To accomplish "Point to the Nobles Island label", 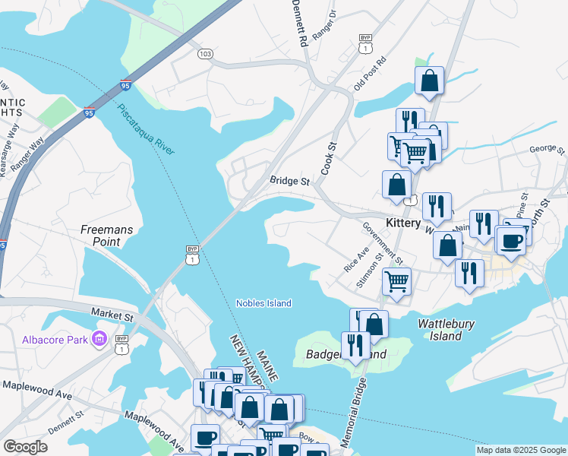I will pos(263,303).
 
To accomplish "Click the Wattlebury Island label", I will pos(447,330).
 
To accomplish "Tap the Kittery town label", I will pos(403,223).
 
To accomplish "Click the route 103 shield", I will pos(204,54).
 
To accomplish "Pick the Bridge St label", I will pos(290,182).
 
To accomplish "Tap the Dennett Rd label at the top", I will pos(299,21).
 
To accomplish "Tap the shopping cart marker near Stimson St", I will pos(396,280).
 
